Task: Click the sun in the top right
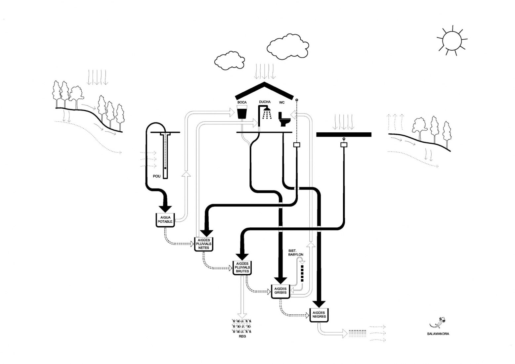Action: click(x=451, y=39)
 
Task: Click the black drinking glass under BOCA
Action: click(x=242, y=113)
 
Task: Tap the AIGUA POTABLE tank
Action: click(x=165, y=220)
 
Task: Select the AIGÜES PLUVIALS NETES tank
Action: click(x=204, y=244)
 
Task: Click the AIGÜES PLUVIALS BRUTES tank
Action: click(x=242, y=267)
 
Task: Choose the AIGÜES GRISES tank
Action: click(x=280, y=291)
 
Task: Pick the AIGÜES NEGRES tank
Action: click(x=319, y=315)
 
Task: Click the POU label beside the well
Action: click(x=157, y=176)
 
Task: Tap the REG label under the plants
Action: click(x=242, y=336)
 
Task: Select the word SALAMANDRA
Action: click(x=438, y=334)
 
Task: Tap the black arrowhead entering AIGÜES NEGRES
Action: click(x=319, y=304)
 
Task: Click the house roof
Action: click(x=264, y=90)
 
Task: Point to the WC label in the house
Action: click(x=282, y=103)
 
